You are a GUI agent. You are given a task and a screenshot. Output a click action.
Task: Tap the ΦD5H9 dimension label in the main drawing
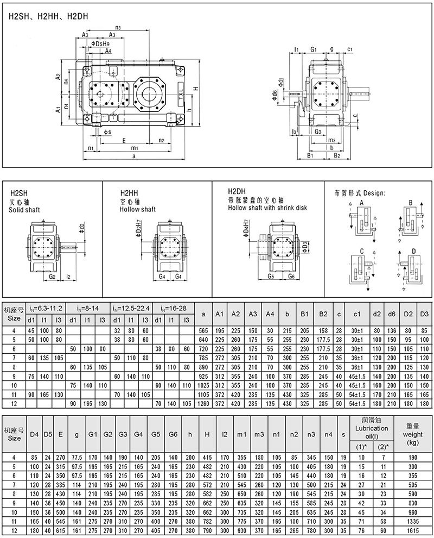[x=101, y=43]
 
